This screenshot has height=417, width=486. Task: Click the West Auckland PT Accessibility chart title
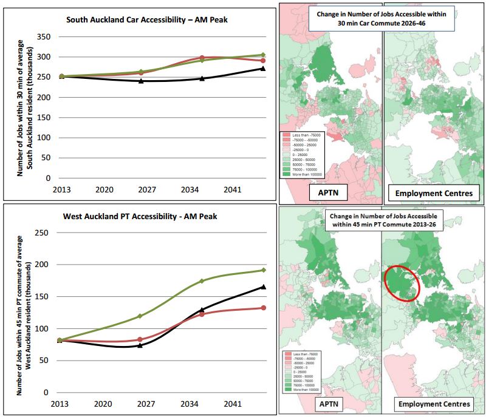pyautogui.click(x=140, y=216)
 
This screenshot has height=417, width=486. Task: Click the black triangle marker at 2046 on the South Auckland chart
pyautogui.click(x=262, y=68)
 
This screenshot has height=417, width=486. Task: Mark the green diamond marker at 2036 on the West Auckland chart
pyautogui.click(x=202, y=281)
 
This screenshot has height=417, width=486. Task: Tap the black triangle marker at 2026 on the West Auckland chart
pyautogui.click(x=140, y=345)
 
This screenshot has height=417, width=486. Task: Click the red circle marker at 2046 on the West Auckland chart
pyautogui.click(x=262, y=308)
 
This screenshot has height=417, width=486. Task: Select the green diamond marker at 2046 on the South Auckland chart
pyautogui.click(x=262, y=55)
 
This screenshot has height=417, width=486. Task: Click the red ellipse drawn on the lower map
pyautogui.click(x=402, y=282)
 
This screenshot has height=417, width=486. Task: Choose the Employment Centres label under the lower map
pyautogui.click(x=432, y=404)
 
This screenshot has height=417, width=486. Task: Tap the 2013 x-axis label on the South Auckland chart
pyautogui.click(x=61, y=189)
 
